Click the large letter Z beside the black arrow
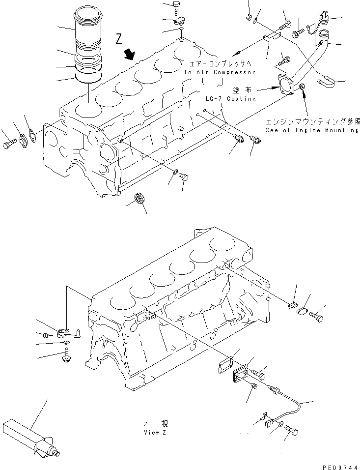(119, 39)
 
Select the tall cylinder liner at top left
(88, 29)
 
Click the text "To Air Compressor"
(220, 72)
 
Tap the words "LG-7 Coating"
(231, 99)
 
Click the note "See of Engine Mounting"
(312, 130)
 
